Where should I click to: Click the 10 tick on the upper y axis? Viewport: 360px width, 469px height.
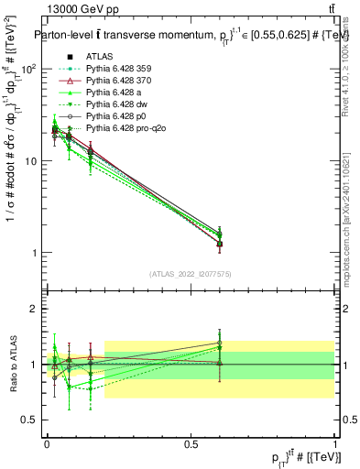click(x=31, y=161)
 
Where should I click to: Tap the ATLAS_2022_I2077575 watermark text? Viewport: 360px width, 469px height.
click(x=191, y=274)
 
